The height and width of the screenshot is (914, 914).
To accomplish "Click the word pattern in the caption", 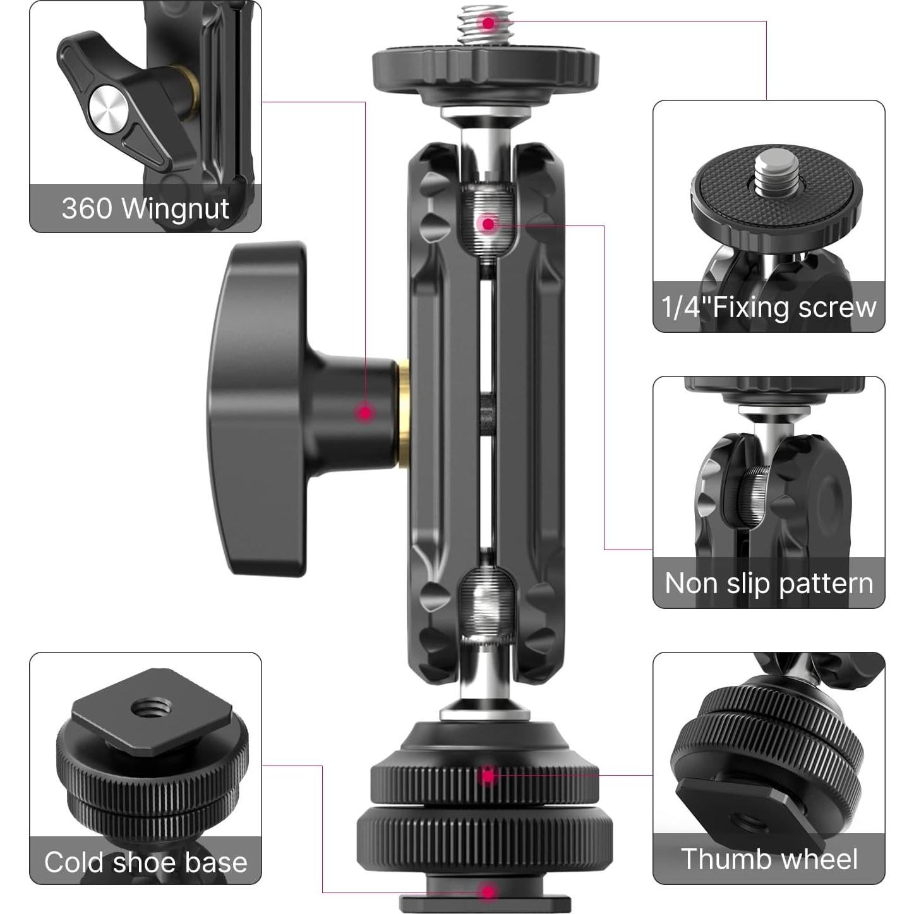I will click(x=825, y=583).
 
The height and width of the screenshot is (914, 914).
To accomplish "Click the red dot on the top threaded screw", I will click(x=488, y=23).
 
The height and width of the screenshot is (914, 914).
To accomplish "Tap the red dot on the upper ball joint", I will click(x=488, y=223).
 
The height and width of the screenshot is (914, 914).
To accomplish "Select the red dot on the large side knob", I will click(x=365, y=413).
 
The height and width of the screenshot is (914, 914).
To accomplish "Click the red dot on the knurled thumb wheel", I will click(x=487, y=776).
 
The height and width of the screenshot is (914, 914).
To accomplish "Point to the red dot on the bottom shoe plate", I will click(x=487, y=892).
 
